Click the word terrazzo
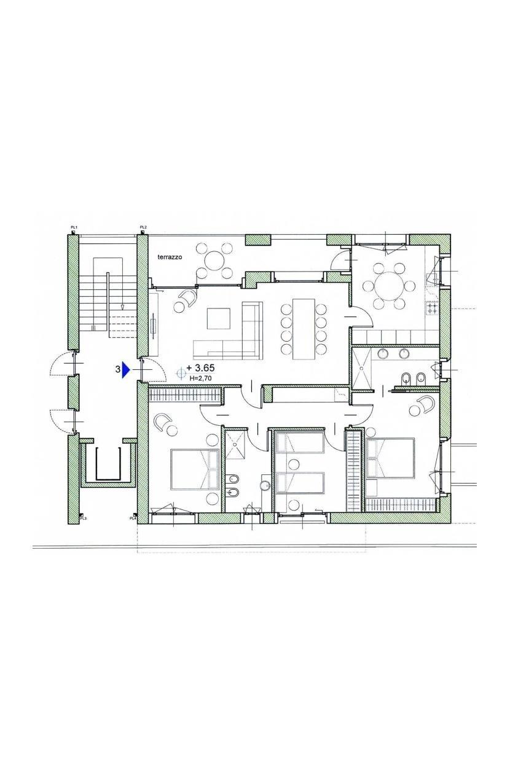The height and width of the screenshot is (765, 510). click(x=169, y=257)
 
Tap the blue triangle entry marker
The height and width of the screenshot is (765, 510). click(x=127, y=370)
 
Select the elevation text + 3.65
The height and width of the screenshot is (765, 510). click(x=200, y=368)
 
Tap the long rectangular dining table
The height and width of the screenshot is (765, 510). click(x=304, y=329)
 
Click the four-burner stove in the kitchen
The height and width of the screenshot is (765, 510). click(x=432, y=308)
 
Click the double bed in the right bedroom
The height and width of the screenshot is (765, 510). click(x=390, y=458)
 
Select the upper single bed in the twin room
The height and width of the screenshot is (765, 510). click(x=300, y=442)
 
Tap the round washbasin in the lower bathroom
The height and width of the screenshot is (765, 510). click(x=264, y=485)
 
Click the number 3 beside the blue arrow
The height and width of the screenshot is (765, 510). click(x=118, y=369)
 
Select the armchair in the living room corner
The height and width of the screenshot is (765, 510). click(x=189, y=296)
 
